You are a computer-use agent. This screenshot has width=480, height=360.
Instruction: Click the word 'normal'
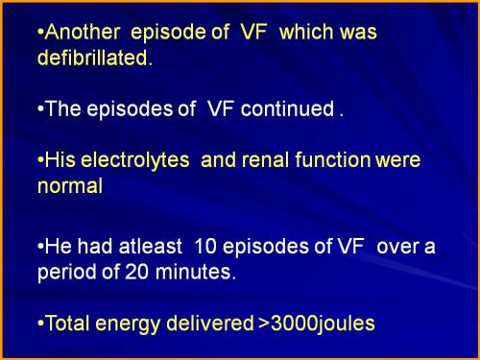click(68, 186)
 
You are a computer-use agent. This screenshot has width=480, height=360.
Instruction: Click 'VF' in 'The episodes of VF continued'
click(222, 108)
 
